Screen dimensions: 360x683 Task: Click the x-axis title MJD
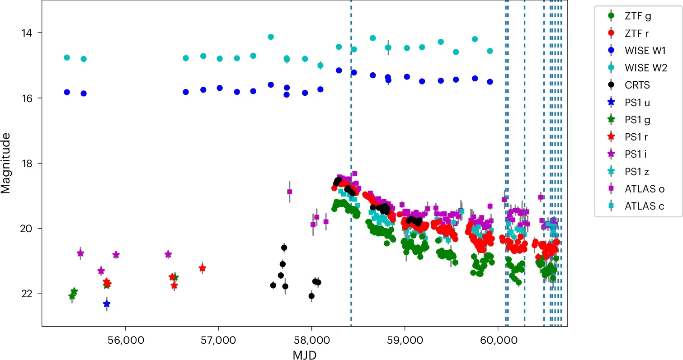304,354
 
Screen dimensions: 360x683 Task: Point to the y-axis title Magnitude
6,163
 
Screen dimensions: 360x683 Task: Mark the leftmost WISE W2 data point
67,57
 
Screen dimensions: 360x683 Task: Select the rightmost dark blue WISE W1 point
490,82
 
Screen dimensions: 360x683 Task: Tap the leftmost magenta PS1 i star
80,253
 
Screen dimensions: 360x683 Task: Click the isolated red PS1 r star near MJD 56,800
202,268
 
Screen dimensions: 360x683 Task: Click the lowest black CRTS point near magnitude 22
311,296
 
